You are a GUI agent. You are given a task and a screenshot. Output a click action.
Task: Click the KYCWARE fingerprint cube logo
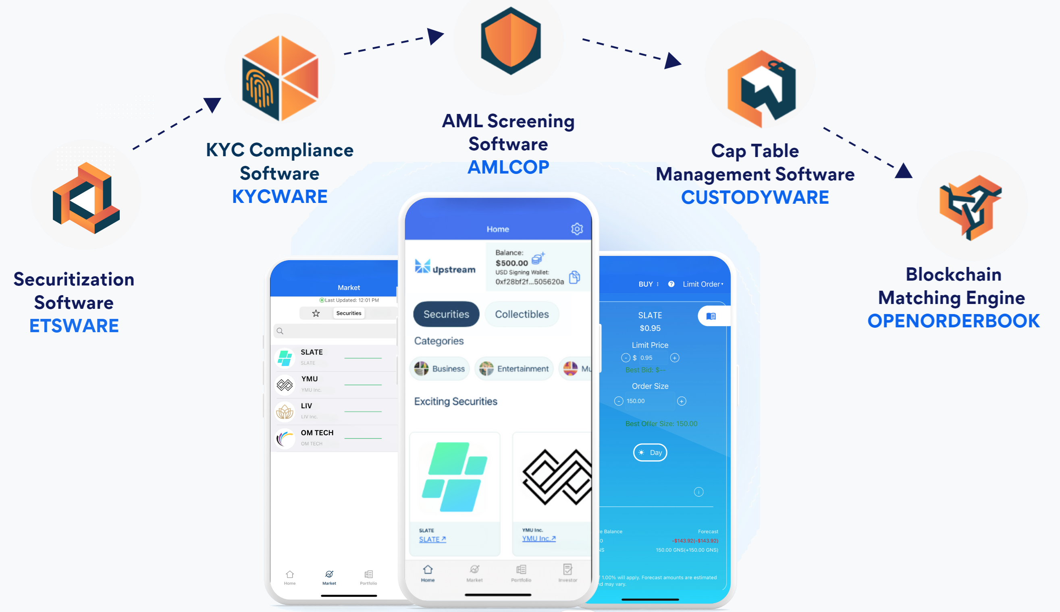click(280, 78)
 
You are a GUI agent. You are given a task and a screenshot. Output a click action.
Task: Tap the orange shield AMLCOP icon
click(510, 41)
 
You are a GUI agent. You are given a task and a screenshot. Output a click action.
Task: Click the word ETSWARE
click(74, 326)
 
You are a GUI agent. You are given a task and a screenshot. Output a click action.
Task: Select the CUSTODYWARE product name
click(754, 197)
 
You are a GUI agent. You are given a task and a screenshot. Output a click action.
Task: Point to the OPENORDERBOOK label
click(953, 321)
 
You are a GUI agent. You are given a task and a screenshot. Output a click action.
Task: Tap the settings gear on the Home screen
click(577, 229)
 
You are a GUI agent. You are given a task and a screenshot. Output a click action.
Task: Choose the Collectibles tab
click(522, 314)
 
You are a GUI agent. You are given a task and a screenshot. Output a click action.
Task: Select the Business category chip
click(440, 369)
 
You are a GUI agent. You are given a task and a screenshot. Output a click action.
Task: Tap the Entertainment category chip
click(514, 369)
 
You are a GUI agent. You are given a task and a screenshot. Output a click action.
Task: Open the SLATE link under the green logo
click(432, 539)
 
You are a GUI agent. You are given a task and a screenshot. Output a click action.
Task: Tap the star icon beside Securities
click(316, 313)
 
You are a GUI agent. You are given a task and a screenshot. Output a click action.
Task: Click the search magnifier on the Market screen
click(280, 331)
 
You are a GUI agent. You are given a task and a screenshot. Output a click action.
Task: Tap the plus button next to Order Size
click(682, 401)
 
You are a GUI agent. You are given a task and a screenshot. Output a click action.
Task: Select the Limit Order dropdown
click(703, 284)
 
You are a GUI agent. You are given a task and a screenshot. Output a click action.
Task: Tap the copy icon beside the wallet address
click(574, 277)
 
